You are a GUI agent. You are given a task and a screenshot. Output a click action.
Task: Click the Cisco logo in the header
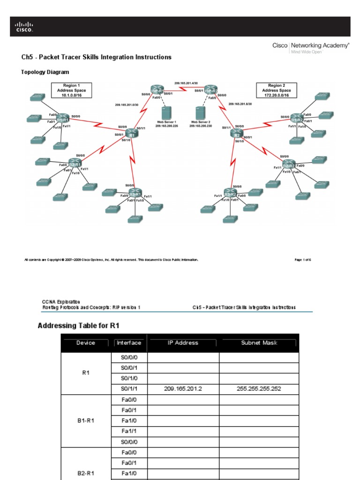[x=23, y=27]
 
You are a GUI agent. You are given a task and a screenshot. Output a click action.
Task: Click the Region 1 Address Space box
[x=72, y=90]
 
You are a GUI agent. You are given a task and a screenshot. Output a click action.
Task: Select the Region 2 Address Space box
[x=276, y=90]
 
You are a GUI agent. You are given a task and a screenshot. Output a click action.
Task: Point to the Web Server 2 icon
[x=200, y=113]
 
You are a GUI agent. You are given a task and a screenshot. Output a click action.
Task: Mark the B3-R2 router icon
[x=230, y=194]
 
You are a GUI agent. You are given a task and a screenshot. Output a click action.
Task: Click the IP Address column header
[x=183, y=343]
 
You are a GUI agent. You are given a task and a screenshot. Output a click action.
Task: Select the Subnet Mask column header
[x=259, y=343]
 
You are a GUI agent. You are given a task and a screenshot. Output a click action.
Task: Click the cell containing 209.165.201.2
[x=183, y=388]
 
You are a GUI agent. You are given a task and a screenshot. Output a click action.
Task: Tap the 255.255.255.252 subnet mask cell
[x=259, y=388]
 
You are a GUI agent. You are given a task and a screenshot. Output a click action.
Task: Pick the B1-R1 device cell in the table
[x=86, y=420]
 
